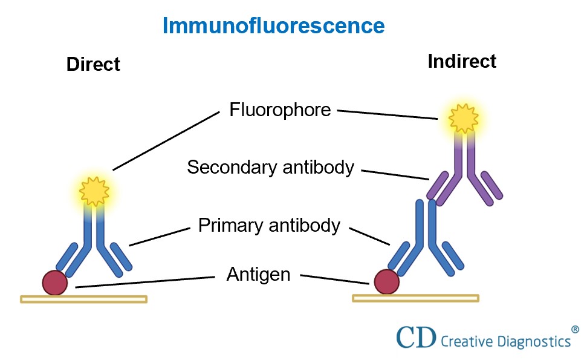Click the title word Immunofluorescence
point(273,26)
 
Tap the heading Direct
point(93,64)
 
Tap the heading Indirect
point(462,61)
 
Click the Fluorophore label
point(280,110)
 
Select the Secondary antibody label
point(270,168)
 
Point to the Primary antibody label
point(269,226)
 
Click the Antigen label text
point(258,275)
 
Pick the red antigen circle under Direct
point(55,283)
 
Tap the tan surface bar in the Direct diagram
point(83,299)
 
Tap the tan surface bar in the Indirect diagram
point(415,298)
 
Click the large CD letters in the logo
point(416,338)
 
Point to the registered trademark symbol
point(574,329)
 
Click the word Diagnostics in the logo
point(529,341)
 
